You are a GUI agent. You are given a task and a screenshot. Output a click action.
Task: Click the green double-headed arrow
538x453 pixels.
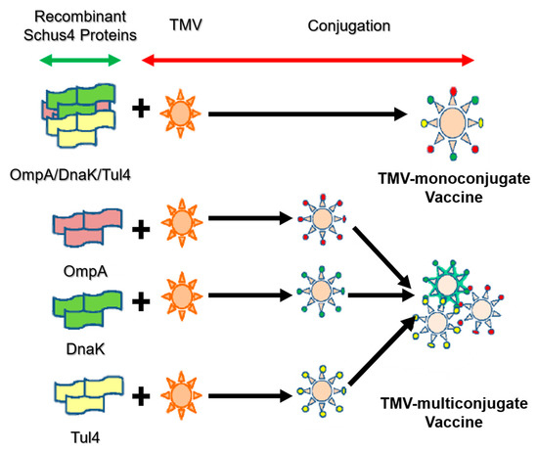click(x=80, y=61)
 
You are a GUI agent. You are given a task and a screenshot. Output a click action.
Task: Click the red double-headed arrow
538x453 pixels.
click(x=308, y=61)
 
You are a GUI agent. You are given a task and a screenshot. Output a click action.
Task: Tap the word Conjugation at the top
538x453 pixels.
click(x=349, y=26)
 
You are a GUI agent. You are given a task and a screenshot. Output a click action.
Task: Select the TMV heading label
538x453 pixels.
click(x=186, y=25)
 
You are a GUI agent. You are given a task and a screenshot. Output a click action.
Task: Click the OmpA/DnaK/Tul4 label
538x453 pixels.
click(x=70, y=175)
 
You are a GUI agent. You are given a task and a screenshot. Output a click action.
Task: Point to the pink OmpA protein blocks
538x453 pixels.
click(x=87, y=227)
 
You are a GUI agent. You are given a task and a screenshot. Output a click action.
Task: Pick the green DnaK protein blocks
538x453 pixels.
click(x=87, y=309)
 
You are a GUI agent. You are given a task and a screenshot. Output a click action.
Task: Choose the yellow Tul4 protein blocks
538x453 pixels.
click(x=88, y=394)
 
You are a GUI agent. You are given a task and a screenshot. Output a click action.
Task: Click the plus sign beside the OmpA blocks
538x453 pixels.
click(x=141, y=229)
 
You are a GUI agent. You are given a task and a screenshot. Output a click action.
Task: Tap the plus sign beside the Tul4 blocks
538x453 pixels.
click(x=141, y=396)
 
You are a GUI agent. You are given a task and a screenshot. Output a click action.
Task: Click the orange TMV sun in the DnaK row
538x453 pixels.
click(x=182, y=296)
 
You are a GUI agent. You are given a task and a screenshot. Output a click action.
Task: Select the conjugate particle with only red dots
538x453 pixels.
click(x=322, y=219)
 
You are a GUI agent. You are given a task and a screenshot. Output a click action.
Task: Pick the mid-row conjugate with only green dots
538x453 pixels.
click(x=321, y=291)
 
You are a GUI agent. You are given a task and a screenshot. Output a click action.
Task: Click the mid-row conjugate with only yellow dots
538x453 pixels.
click(x=322, y=390)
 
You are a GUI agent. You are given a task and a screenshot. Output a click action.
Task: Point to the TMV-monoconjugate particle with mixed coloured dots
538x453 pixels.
click(x=453, y=123)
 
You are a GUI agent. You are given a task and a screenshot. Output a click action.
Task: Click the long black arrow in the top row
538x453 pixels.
click(x=308, y=113)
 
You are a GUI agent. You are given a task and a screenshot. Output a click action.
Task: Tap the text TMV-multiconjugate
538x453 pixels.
click(x=454, y=403)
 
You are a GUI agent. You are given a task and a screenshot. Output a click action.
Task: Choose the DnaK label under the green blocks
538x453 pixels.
click(x=85, y=349)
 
